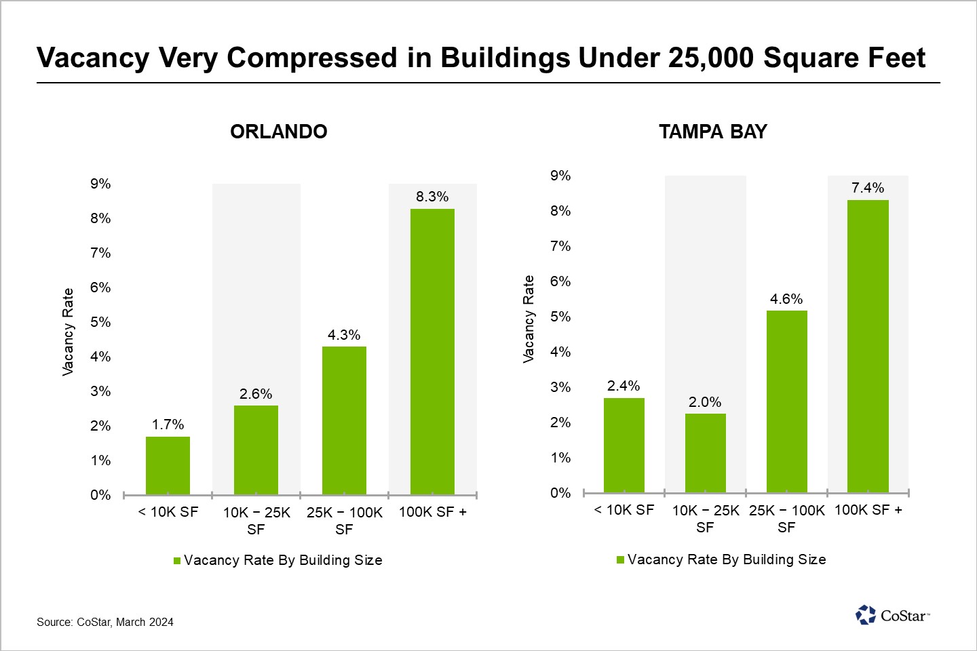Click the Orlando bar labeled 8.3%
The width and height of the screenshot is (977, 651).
[x=432, y=351]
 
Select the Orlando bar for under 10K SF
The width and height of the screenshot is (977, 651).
[x=168, y=465]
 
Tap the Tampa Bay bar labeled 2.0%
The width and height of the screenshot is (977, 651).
[x=705, y=453]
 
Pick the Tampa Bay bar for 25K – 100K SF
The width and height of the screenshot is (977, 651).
[x=786, y=401]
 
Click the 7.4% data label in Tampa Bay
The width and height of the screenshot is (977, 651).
[x=868, y=188]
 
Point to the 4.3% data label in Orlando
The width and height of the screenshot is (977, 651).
[x=344, y=335]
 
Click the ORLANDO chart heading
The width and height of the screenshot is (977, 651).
[x=279, y=132]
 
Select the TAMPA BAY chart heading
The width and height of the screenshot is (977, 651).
[x=712, y=132]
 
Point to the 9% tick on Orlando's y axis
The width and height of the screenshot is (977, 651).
[x=100, y=184]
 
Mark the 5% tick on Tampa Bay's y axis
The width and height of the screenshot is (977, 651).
[x=560, y=317]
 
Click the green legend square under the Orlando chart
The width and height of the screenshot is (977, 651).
[x=177, y=561]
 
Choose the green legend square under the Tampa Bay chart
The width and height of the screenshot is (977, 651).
[x=620, y=560]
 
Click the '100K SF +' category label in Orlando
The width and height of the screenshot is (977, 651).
[x=432, y=512]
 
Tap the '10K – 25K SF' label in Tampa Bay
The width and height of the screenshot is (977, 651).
[x=705, y=519]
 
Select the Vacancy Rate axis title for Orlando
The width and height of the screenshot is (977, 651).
[x=68, y=332]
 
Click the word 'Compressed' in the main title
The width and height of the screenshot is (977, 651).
[x=313, y=58]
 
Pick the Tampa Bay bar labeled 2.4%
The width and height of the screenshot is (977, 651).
[x=624, y=445]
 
